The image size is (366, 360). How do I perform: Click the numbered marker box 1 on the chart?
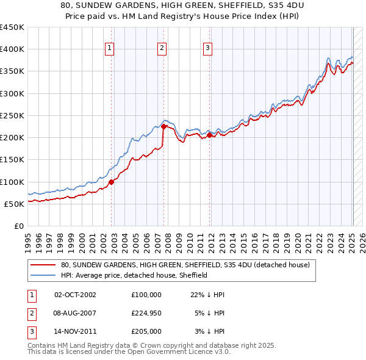(109, 49)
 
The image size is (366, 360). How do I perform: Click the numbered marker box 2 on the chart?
(162, 49)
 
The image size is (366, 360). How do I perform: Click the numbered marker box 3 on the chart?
(207, 49)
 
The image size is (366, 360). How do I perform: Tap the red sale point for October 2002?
(112, 181)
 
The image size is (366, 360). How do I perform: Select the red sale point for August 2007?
(164, 126)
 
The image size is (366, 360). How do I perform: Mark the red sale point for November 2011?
(210, 135)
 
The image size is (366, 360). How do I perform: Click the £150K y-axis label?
(12, 160)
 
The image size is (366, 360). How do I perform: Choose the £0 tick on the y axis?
(20, 226)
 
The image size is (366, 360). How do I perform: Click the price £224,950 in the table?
(146, 313)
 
